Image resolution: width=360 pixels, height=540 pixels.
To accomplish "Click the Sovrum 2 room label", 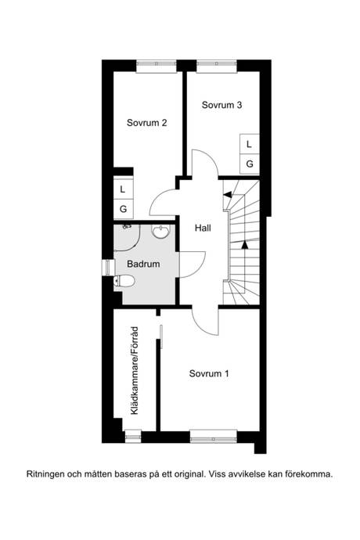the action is click(x=147, y=123).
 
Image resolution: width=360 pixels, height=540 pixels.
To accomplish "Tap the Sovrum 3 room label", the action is click(x=221, y=105).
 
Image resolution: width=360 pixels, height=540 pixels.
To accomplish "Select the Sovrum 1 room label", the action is click(x=209, y=373).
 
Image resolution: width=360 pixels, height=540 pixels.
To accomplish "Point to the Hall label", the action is click(x=203, y=228).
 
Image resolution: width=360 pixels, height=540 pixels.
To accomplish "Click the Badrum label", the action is click(x=143, y=265).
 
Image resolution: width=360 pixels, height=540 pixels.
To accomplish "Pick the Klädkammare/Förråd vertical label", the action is click(x=135, y=370).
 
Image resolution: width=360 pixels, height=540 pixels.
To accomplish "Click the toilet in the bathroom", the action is click(x=124, y=281).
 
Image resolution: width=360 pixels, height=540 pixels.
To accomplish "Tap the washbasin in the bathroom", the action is click(x=161, y=232).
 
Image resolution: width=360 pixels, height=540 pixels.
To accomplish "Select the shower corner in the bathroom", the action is click(x=127, y=237).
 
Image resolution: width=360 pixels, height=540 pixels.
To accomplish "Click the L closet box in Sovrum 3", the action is click(x=250, y=144).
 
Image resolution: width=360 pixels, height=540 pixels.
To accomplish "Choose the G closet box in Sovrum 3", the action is click(x=250, y=164).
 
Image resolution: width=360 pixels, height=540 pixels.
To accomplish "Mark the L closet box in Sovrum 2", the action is click(x=123, y=189).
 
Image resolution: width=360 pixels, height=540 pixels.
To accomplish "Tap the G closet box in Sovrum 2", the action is click(x=123, y=209).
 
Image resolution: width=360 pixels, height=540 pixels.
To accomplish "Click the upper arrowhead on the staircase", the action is click(x=227, y=195).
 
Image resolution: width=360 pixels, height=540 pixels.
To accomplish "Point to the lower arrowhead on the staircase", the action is click(x=245, y=244).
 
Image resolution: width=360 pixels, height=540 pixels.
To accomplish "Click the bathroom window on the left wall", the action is click(x=108, y=268).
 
